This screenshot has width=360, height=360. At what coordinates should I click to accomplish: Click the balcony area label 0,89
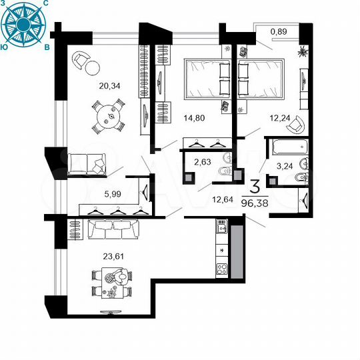[279, 31]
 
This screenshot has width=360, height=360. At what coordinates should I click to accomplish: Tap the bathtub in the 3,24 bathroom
[288, 146]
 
